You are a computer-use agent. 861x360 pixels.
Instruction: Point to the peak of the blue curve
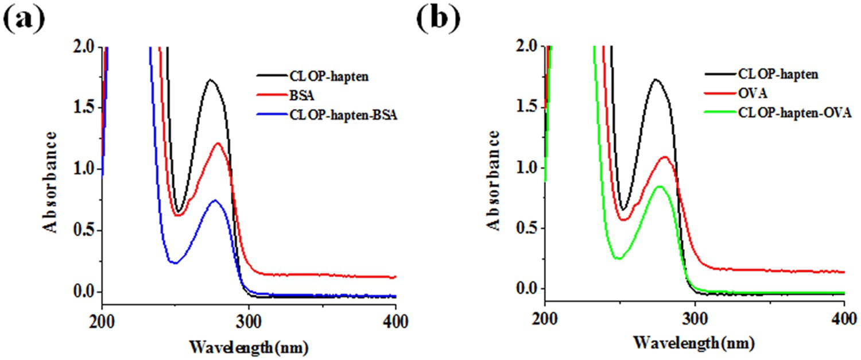tap(215, 200)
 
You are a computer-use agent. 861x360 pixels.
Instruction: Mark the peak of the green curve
tap(660, 186)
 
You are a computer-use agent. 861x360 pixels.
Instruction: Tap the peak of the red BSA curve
tap(218, 144)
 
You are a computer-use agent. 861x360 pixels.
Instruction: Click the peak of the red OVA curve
tap(665, 157)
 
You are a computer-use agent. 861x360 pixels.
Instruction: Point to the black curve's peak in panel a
tap(211, 80)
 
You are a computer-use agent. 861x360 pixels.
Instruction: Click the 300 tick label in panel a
tap(248, 322)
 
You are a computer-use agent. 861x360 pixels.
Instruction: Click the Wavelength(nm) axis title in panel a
tap(249, 347)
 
